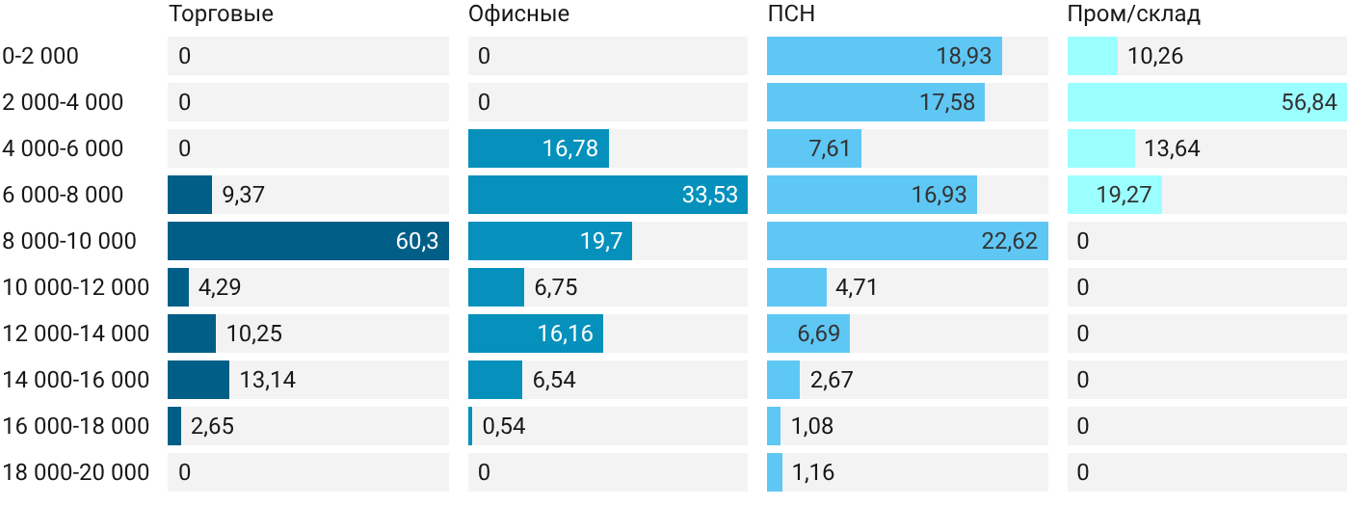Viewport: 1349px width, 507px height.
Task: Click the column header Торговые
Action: tap(221, 14)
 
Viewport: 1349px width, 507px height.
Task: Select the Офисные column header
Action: tap(518, 14)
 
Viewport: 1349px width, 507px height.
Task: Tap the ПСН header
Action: tap(791, 13)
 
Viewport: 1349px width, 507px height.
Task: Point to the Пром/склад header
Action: tap(1133, 14)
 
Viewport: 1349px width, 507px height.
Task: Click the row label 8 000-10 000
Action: tap(69, 241)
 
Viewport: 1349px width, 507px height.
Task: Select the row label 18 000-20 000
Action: tap(76, 472)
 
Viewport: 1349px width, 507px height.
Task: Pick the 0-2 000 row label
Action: tap(40, 56)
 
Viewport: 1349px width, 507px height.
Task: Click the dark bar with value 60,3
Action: tap(308, 241)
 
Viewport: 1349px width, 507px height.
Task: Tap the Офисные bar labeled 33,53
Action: tap(608, 195)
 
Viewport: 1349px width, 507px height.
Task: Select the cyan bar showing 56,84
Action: tap(1206, 102)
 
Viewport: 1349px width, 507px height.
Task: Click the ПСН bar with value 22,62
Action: tap(908, 241)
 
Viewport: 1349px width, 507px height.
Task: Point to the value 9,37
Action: tap(243, 195)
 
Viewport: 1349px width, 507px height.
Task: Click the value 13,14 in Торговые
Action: tap(268, 380)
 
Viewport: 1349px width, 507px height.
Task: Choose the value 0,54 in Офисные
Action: tap(503, 426)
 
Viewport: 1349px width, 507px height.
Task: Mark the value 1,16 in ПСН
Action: tap(813, 472)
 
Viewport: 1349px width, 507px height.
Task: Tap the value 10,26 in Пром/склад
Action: tap(1155, 56)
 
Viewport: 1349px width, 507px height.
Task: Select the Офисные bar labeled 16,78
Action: tap(539, 148)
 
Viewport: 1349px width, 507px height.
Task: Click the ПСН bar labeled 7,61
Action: tap(814, 148)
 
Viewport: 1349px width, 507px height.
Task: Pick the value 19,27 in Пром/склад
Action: tap(1124, 195)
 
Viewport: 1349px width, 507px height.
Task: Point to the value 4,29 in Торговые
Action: tap(220, 287)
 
